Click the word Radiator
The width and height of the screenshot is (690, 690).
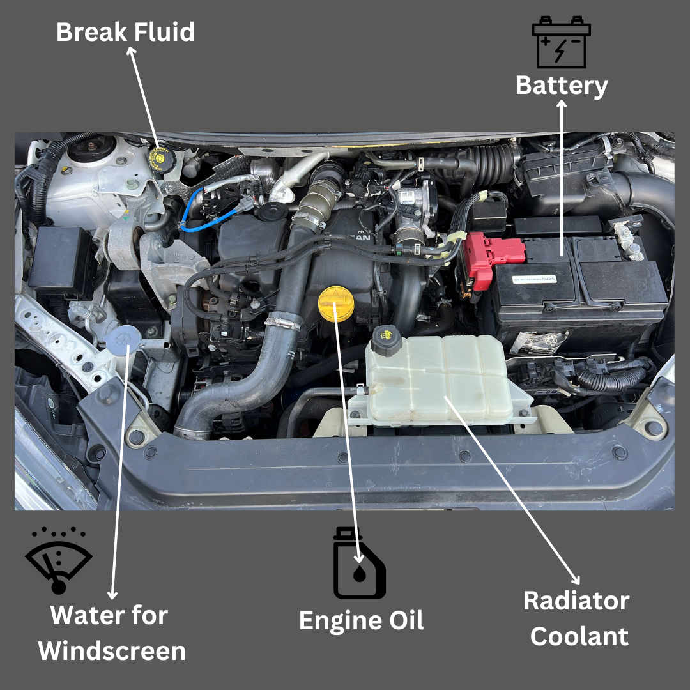576,601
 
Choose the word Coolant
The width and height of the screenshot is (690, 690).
579,636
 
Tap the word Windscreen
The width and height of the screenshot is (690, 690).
112,651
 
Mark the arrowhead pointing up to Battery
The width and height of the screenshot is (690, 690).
562,103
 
